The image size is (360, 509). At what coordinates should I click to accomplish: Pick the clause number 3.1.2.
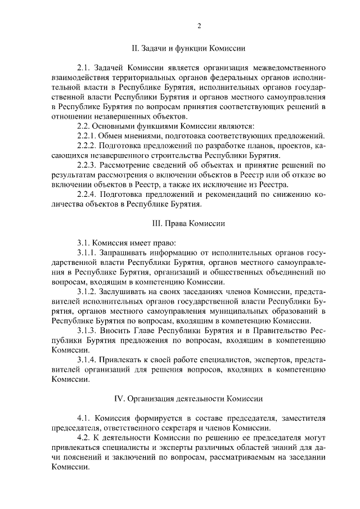pos(88,291)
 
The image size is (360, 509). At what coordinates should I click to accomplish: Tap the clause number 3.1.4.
pos(88,359)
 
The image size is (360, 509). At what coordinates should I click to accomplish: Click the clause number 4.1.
pos(84,418)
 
